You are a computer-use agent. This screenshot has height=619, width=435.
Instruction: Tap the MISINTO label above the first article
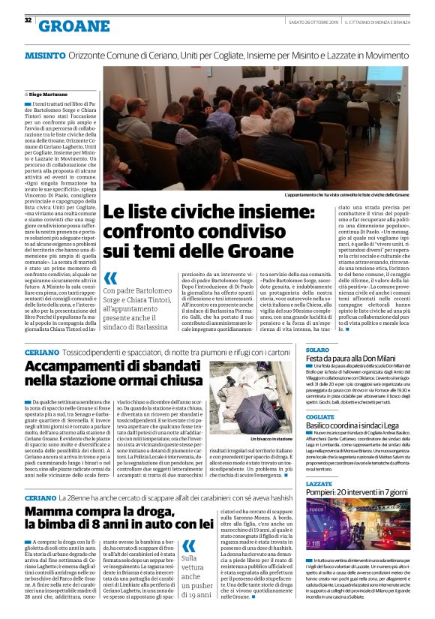pos(45,56)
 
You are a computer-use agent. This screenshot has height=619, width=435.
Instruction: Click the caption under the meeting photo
pos(348,196)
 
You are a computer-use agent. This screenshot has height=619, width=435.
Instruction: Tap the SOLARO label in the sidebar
pos(318,350)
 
